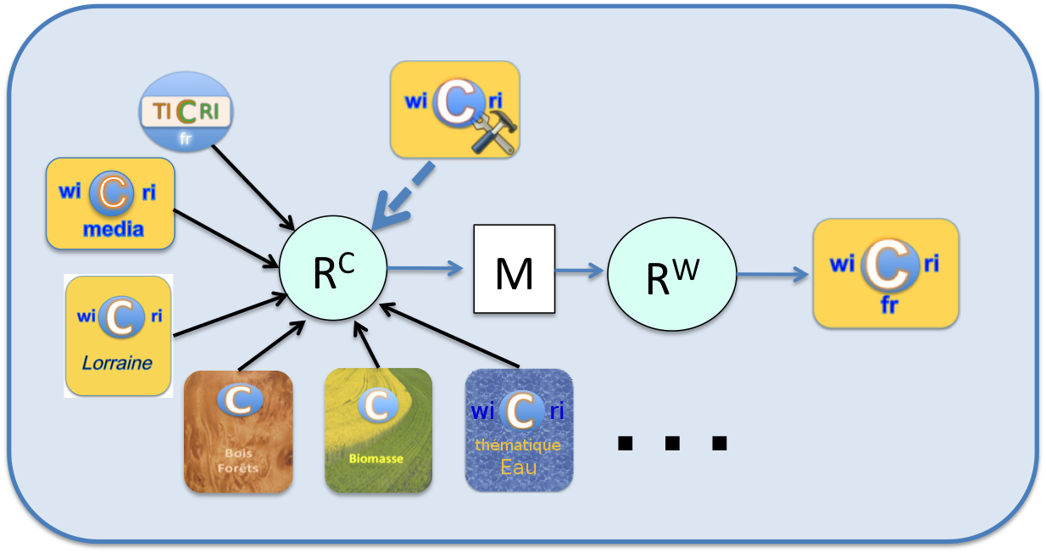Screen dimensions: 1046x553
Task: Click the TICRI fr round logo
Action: coord(186,112)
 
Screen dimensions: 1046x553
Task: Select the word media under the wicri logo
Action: coord(113,229)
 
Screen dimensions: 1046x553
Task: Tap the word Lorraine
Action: coord(117,363)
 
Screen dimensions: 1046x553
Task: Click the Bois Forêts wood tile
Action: coord(238,431)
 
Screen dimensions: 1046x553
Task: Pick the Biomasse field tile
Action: coord(378,430)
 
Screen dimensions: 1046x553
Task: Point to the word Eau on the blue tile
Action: coord(518,467)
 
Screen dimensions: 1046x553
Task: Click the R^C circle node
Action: coord(333,268)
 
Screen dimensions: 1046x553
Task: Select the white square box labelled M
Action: coord(515,269)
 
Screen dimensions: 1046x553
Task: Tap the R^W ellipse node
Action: coord(672,274)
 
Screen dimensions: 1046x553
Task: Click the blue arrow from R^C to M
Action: coord(425,268)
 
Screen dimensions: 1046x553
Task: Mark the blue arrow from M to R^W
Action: coord(580,271)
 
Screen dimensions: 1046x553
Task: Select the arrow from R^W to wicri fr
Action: coord(773,274)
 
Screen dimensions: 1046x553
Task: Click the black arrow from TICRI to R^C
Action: coord(253,187)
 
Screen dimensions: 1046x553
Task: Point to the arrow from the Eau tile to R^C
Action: coord(449,335)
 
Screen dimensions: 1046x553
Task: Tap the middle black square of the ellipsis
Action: coord(672,443)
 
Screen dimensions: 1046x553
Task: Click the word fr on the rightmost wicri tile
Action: coord(889,305)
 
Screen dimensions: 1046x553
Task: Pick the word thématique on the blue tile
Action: coord(518,444)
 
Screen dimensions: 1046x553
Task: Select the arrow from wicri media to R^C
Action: coord(225,238)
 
